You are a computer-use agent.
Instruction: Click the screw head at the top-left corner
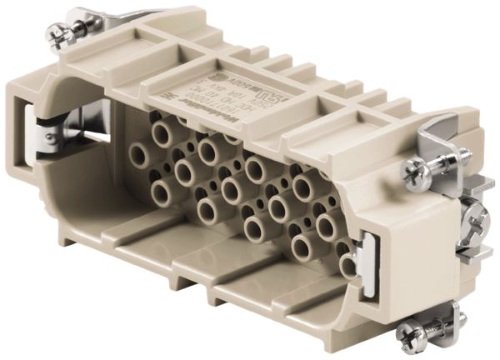[x=57, y=34]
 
